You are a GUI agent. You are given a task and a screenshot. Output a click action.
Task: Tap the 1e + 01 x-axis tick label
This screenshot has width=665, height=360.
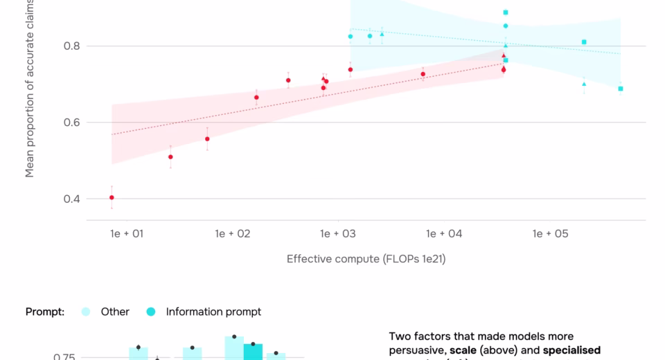(126, 234)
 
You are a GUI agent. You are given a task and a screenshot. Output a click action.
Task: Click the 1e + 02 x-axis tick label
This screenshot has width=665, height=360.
(233, 234)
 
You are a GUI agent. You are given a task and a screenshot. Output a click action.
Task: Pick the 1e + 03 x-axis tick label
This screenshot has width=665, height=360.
(339, 234)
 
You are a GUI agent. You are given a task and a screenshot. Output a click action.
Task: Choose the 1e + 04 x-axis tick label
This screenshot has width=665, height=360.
(445, 234)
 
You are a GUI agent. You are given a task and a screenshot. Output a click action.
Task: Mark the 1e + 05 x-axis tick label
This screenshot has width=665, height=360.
(551, 234)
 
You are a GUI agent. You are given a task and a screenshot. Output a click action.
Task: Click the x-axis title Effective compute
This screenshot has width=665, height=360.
(362, 259)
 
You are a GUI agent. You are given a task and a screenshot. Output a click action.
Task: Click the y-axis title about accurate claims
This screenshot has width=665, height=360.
(30, 90)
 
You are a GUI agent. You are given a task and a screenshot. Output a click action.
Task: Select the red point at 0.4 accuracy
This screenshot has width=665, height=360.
(112, 197)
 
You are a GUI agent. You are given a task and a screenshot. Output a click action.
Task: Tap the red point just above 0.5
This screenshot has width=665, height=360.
(170, 157)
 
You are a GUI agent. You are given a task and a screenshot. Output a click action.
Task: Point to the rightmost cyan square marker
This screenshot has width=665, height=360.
(621, 89)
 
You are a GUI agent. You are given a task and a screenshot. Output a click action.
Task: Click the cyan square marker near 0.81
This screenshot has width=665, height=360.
(584, 42)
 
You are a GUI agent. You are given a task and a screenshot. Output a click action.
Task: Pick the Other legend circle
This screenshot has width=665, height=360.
(87, 312)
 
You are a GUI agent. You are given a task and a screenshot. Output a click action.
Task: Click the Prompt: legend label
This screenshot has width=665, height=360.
(45, 312)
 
